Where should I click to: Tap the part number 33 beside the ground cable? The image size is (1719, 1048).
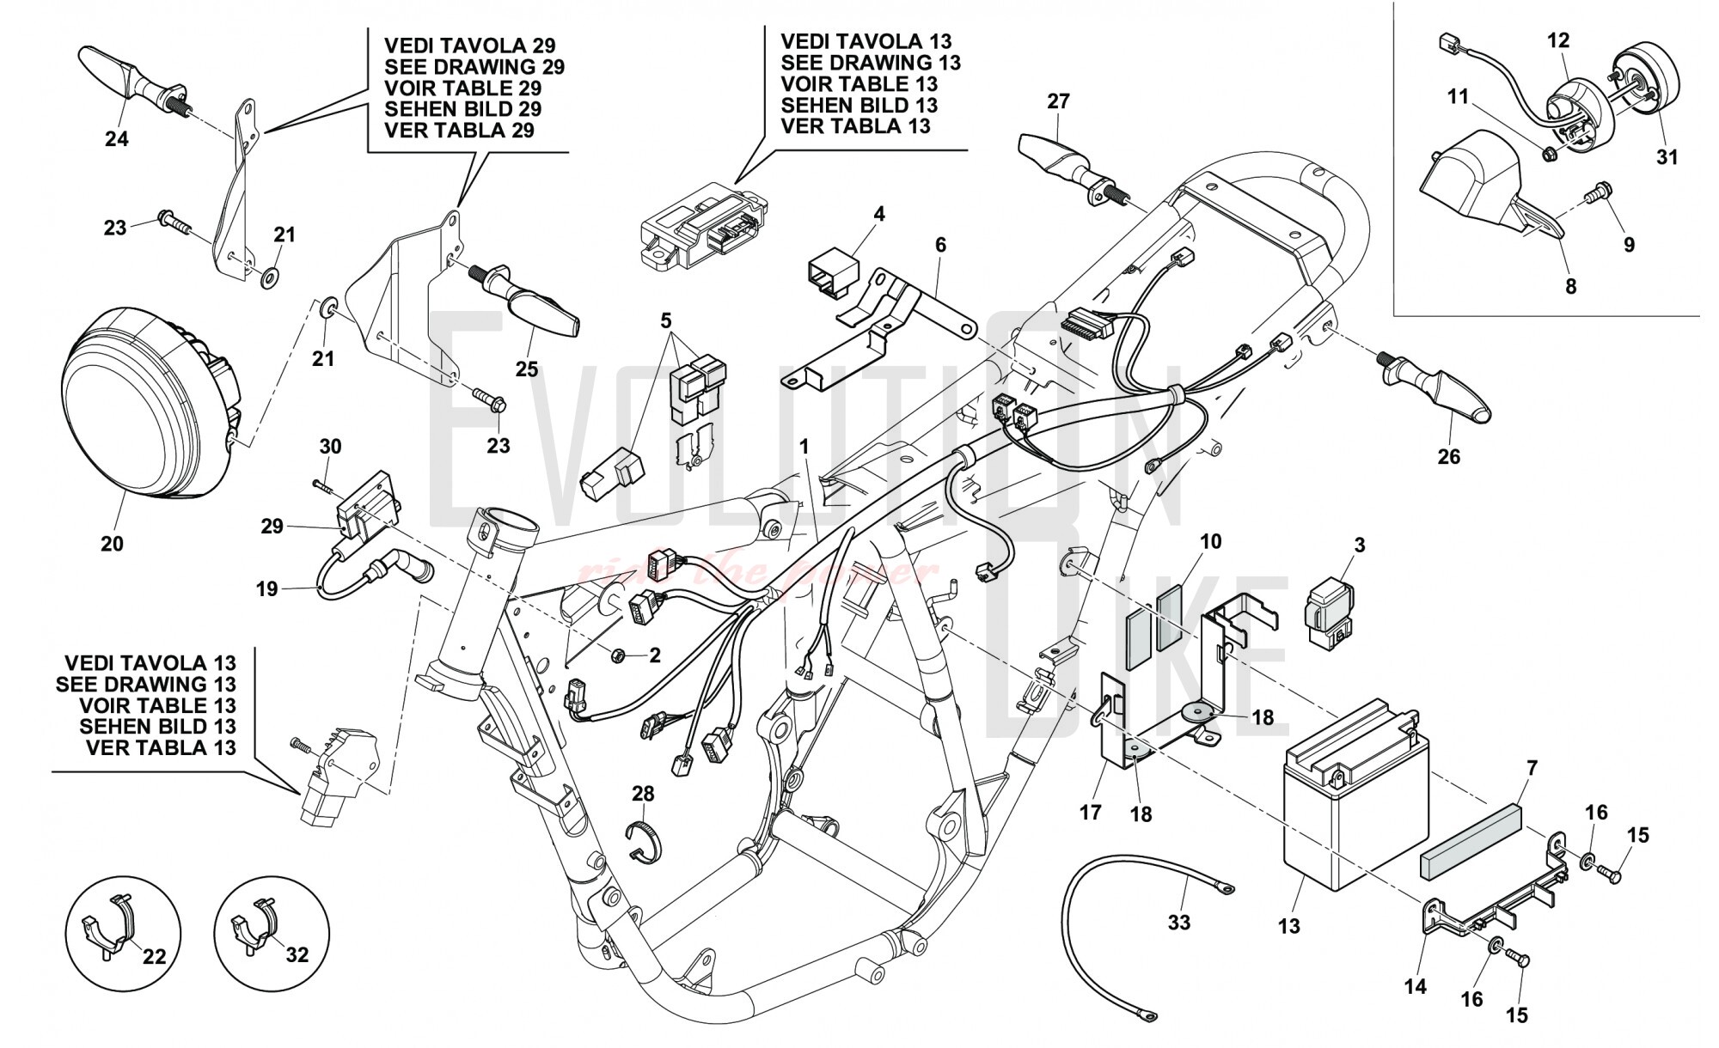(x=1179, y=922)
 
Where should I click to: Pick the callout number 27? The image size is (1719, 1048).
(x=1058, y=101)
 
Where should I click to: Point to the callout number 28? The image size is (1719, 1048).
(x=643, y=794)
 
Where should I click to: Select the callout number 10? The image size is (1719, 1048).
(x=1210, y=542)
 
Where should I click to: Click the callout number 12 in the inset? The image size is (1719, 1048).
(x=1558, y=40)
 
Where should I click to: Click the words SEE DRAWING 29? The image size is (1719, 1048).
(x=474, y=66)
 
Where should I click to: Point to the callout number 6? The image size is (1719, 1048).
(x=940, y=245)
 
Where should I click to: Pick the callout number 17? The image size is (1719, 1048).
(x=1090, y=812)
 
